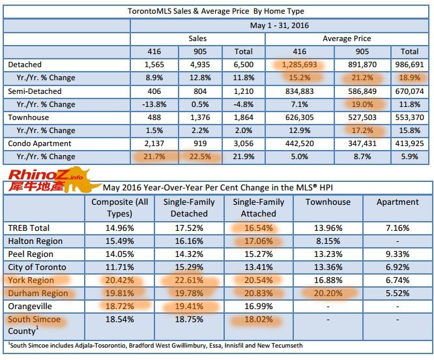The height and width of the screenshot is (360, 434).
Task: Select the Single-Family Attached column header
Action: [x=258, y=208]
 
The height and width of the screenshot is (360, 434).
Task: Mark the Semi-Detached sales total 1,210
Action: [x=243, y=91]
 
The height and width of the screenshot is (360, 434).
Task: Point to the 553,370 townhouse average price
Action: [x=409, y=117]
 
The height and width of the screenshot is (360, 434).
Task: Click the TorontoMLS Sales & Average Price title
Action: [x=216, y=11]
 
